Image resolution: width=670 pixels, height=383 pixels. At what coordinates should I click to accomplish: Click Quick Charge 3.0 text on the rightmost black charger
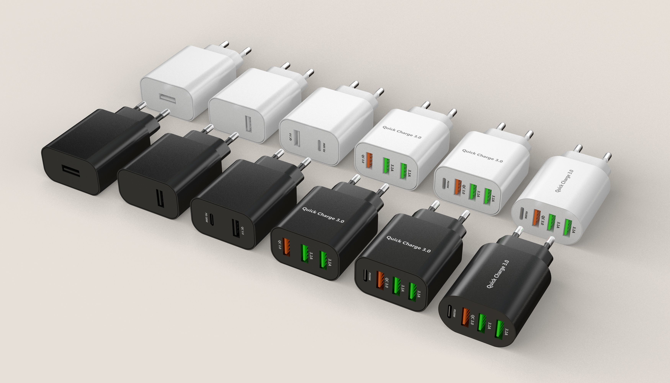pos(498,274)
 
